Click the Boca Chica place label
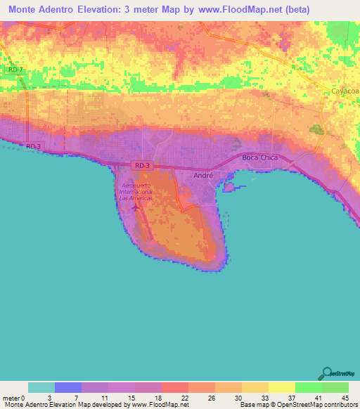point(259,158)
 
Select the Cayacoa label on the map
point(345,91)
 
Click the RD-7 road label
point(15,70)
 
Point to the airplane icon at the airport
point(134,208)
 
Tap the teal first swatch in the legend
point(41,387)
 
